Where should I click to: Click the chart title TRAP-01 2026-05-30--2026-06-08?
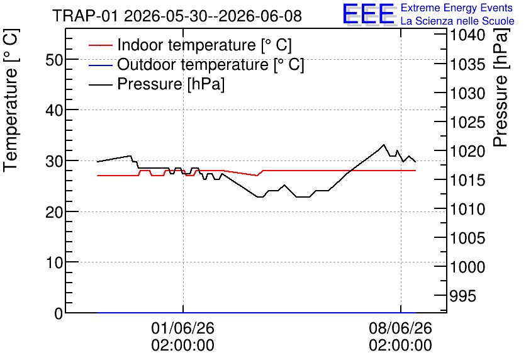pos(177,16)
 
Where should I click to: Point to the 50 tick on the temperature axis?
pos(54,60)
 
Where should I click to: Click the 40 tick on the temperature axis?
pos(54,110)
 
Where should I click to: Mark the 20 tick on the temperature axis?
pos(54,212)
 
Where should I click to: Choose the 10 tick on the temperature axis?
pos(54,262)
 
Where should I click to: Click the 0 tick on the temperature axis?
pos(59,313)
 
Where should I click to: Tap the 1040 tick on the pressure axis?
pos(467,35)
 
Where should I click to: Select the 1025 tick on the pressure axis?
pos(467,123)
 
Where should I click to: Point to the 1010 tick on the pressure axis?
pos(467,210)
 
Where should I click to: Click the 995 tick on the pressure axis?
pos(462,296)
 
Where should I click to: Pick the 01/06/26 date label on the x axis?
pos(182,328)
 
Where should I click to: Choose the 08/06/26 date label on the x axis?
pos(401,328)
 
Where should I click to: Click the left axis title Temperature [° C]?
pos(11,100)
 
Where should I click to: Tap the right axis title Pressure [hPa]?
pos(501,87)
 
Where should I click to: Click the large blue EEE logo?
pos(369,14)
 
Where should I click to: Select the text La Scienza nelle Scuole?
pos(457,21)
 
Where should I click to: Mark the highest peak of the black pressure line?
pos(383,145)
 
